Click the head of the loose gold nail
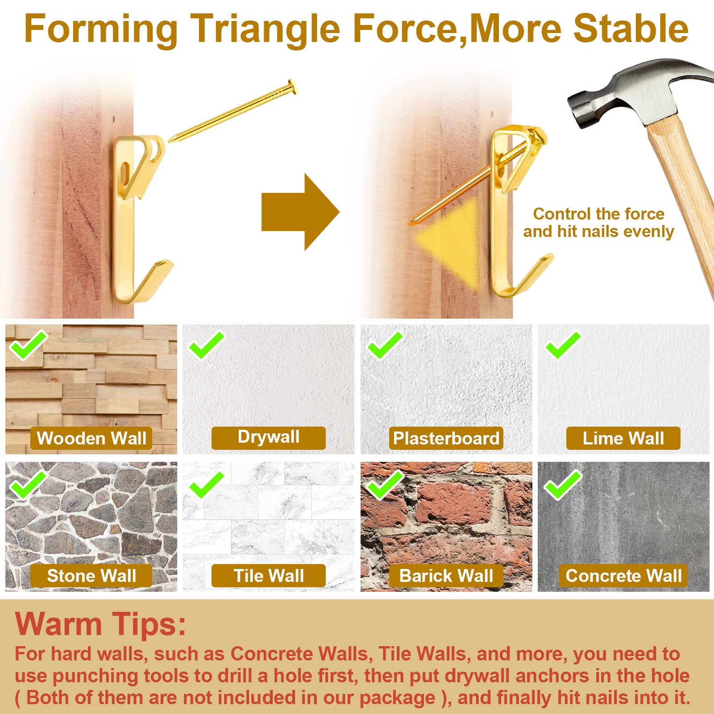coord(292,86)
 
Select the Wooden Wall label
coord(91,438)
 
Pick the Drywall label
coord(269,438)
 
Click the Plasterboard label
coord(446,438)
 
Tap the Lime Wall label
coord(623,438)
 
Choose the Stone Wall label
coord(91,576)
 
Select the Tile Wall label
coord(269,576)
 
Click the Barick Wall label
coord(446,576)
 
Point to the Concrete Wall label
coord(623,576)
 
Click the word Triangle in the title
coord(265,29)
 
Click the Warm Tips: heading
coord(100,623)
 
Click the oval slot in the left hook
coord(125,172)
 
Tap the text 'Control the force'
coord(599,214)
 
